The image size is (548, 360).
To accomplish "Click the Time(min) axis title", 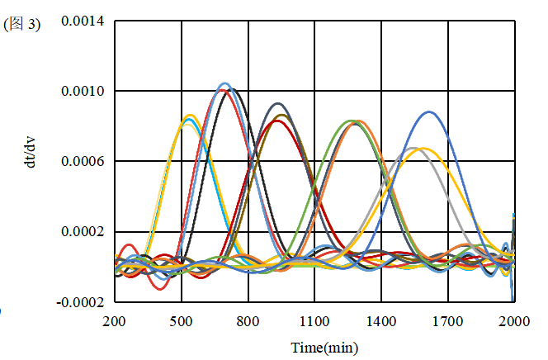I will click(324, 347).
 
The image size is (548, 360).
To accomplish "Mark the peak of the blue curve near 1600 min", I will click(428, 111).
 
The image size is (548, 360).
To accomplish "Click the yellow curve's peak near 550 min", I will click(190, 115).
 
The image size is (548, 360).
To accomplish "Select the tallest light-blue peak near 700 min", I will click(224, 83).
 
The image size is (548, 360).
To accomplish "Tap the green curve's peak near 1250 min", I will click(351, 121).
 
